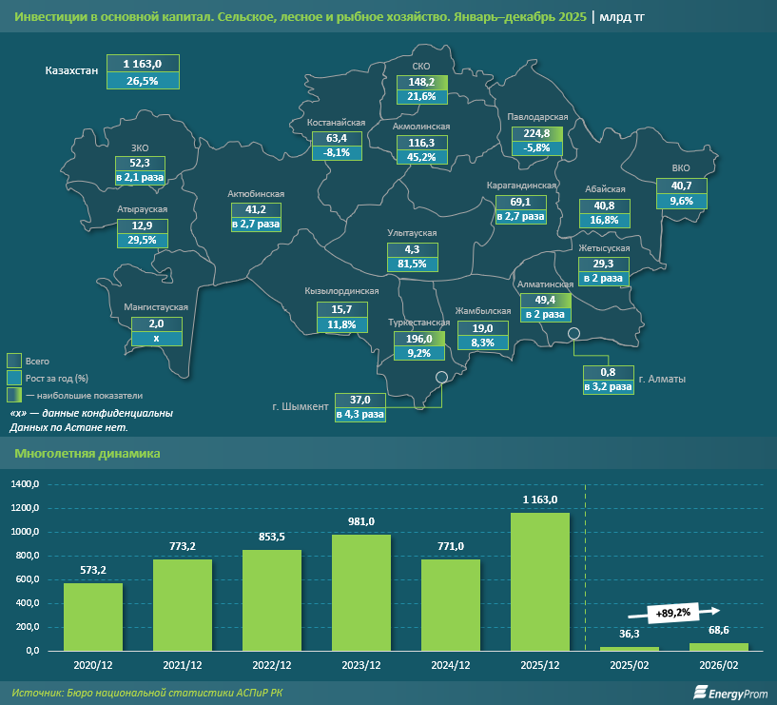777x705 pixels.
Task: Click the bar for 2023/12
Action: tap(361, 593)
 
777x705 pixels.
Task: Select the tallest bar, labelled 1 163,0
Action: tap(540, 581)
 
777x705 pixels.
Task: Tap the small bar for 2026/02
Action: tap(719, 647)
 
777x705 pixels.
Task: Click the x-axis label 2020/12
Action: tap(93, 665)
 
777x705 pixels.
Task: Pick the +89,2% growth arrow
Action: tap(682, 613)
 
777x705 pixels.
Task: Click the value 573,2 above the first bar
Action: tap(93, 569)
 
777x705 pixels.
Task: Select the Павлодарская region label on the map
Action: tap(539, 117)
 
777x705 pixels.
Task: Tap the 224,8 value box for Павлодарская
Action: tap(537, 133)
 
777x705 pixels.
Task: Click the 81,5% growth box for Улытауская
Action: tap(414, 264)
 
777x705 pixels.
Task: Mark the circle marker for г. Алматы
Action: tap(574, 333)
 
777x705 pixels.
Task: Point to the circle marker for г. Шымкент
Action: tap(441, 377)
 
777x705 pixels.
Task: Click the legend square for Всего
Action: tap(14, 361)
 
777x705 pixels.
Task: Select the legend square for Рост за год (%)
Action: tap(14, 377)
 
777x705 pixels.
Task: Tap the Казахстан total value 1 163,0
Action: tap(148, 64)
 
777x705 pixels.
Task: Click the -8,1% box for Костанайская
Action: tap(338, 152)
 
